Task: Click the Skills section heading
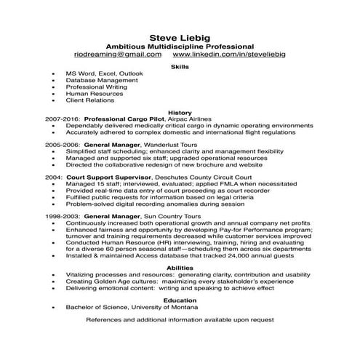pos(180,66)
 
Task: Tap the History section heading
pos(180,113)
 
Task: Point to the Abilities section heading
pos(180,268)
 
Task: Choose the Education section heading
pos(180,300)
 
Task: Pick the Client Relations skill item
pos(90,100)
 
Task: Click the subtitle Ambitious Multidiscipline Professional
pos(180,46)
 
